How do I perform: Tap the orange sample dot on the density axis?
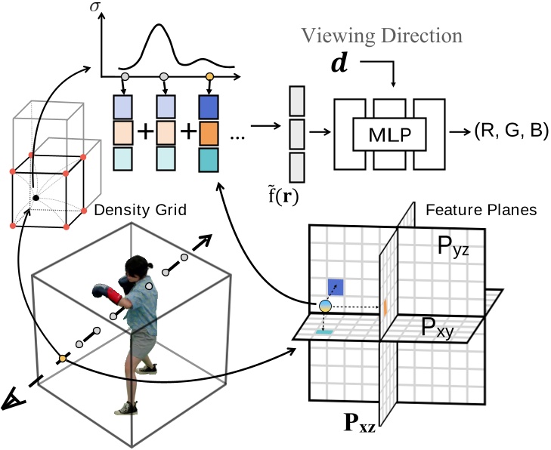tap(210, 77)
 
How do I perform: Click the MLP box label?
tap(389, 136)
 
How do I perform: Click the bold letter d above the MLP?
tap(341, 63)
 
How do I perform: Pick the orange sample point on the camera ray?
tap(63, 359)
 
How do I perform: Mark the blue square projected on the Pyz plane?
tap(336, 286)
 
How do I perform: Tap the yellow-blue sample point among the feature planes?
tap(325, 306)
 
